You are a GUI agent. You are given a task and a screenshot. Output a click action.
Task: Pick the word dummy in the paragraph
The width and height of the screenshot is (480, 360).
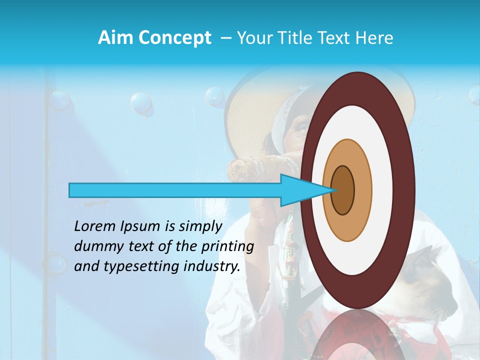click(95, 246)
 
